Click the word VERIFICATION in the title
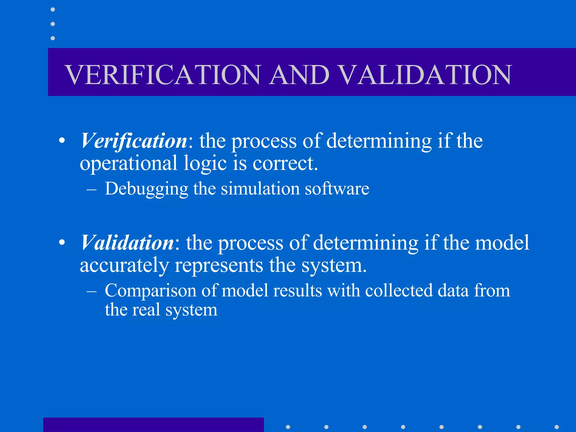(x=163, y=75)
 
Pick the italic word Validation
(x=127, y=242)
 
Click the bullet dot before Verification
(x=62, y=140)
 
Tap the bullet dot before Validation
(x=62, y=242)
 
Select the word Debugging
(x=146, y=189)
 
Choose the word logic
(x=205, y=164)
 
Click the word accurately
(x=124, y=266)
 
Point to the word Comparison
(x=150, y=290)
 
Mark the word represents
(x=219, y=266)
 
